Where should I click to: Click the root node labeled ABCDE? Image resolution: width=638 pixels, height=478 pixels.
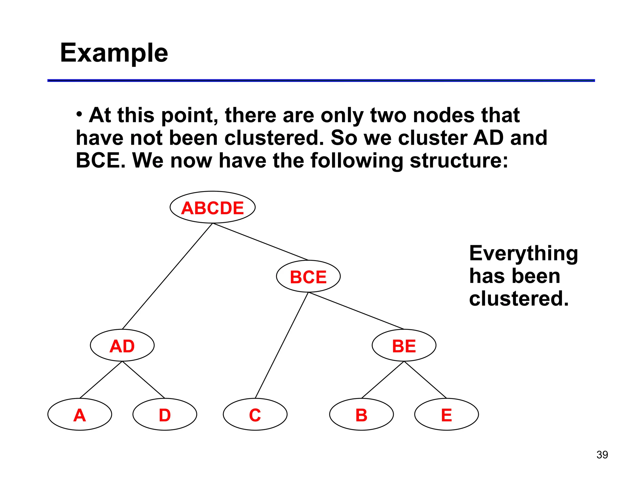coord(212,207)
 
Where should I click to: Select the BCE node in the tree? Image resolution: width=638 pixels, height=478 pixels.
coord(308,276)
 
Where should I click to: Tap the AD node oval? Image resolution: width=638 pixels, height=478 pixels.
coord(122,345)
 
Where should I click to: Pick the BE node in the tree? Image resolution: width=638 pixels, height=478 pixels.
coord(404,345)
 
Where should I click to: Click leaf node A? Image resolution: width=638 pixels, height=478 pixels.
coord(80,415)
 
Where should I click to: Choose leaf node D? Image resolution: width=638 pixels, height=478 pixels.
coord(165,415)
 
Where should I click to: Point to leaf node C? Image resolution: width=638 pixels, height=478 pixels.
coord(255,415)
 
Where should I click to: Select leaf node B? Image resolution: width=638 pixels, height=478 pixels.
coord(361,415)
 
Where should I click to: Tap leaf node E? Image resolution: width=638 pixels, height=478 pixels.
coord(446,415)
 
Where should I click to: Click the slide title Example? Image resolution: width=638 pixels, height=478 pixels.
coord(114,53)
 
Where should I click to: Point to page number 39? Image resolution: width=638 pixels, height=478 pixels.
coord(602,455)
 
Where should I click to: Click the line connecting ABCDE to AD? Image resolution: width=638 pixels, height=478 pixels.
coord(167,276)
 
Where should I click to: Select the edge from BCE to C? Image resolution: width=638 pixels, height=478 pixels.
coord(282,345)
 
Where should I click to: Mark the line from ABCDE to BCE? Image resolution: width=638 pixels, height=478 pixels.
coord(260,241)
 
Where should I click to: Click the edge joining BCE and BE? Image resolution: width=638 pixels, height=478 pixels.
coord(356,311)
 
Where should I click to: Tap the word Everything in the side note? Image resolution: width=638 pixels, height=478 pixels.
coord(523,253)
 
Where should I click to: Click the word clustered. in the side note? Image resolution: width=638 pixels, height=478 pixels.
coord(519,299)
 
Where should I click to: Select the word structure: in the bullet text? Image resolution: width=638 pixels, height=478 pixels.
coord(459,161)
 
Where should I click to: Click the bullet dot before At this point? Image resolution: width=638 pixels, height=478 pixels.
coord(79,114)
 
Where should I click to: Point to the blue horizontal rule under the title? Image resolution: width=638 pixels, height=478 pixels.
coord(321,81)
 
